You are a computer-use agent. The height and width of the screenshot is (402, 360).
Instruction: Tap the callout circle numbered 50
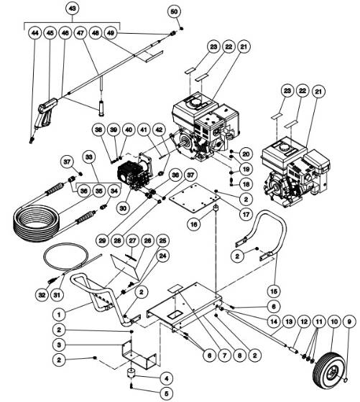pyautogui.click(x=173, y=11)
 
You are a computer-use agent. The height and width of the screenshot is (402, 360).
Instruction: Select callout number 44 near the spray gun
pyautogui.click(x=34, y=33)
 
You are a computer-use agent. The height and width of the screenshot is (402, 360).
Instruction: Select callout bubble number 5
pyautogui.click(x=165, y=393)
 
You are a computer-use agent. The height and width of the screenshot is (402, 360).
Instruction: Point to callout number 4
pyautogui.click(x=165, y=378)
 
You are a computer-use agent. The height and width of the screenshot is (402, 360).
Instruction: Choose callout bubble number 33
pyautogui.click(x=89, y=156)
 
